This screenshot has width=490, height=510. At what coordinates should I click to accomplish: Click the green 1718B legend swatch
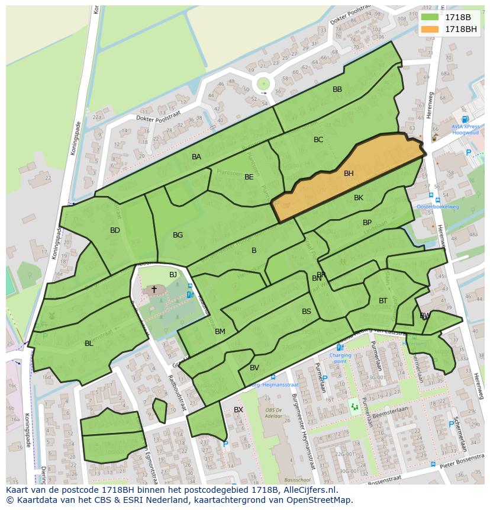[x=430, y=17]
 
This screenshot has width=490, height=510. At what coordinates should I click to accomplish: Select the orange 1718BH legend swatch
[x=430, y=29]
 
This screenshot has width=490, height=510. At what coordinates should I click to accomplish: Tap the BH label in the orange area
[x=349, y=174]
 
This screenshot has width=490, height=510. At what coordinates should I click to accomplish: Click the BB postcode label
[x=337, y=89]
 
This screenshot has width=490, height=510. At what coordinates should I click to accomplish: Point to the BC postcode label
[x=318, y=140]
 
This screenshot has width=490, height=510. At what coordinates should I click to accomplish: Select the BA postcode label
[x=196, y=157]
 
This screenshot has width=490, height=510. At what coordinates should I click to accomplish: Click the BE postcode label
[x=249, y=177]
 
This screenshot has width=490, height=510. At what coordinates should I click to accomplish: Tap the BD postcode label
[x=115, y=230]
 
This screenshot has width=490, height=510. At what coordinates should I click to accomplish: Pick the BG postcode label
[x=178, y=235]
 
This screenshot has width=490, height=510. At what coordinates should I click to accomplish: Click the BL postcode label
[x=89, y=344]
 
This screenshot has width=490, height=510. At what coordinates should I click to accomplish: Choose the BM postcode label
[x=220, y=332]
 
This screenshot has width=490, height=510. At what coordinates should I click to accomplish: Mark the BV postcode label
[x=254, y=368]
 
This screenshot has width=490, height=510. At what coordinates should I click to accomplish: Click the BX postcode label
[x=238, y=410]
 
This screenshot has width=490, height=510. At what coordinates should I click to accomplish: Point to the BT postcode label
[x=383, y=301]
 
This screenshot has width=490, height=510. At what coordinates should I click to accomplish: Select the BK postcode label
[x=359, y=198]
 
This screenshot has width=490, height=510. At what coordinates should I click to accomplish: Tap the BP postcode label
[x=367, y=223]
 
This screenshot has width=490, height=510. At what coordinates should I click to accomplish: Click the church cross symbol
[x=154, y=289]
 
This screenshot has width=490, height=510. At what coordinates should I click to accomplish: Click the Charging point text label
[x=340, y=358]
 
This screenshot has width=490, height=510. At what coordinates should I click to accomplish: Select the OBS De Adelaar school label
[x=273, y=413]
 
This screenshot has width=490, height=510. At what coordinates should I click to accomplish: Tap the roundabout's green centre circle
[x=263, y=84]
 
